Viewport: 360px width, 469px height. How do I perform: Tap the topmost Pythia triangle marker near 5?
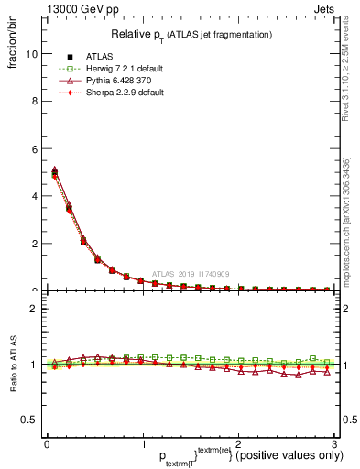pos(54,170)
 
